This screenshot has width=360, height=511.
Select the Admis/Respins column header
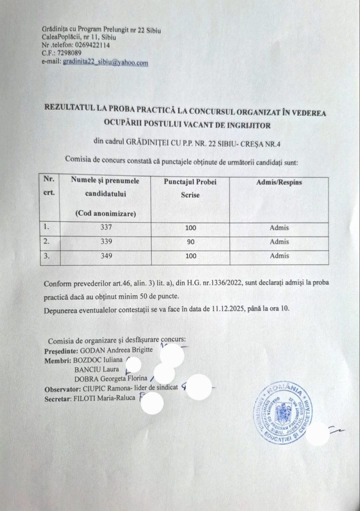click(279, 183)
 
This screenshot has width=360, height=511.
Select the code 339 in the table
click(105, 243)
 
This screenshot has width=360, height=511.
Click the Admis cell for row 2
click(279, 243)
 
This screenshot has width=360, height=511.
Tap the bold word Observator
click(61, 389)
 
